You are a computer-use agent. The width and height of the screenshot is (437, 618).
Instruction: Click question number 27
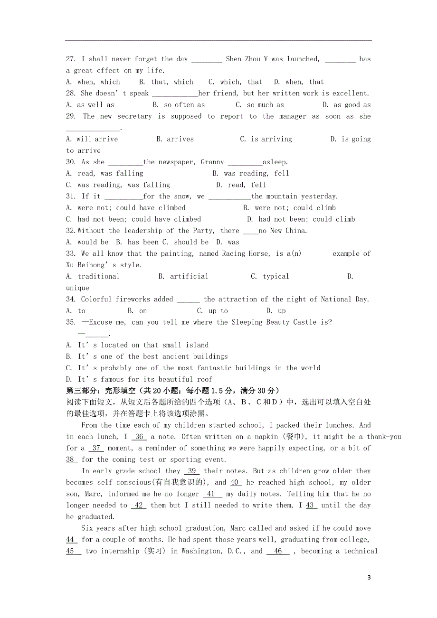[71, 59]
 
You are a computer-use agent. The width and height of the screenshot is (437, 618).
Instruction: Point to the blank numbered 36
[139, 437]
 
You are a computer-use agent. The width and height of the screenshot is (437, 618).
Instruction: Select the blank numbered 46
[278, 551]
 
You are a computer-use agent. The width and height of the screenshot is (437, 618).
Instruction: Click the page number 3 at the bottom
[369, 578]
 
